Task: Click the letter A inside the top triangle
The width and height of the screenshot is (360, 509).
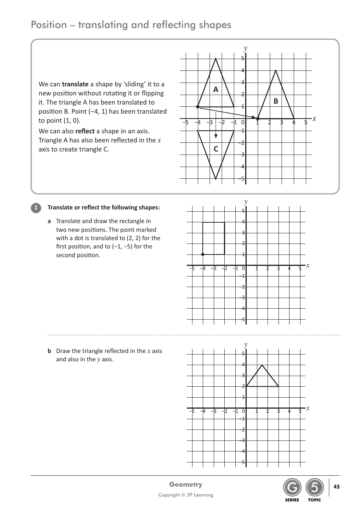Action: [216, 90]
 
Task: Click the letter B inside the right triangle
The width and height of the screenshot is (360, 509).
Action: [275, 101]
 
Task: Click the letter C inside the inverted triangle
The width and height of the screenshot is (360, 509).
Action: [216, 149]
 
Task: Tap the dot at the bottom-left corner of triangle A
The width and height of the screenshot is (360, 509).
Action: [198, 107]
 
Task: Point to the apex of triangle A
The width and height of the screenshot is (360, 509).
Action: [216, 59]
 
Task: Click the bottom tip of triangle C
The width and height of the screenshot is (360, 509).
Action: [216, 179]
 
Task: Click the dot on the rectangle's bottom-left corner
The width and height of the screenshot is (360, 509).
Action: [203, 254]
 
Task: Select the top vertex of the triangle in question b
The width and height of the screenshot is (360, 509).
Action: [262, 365]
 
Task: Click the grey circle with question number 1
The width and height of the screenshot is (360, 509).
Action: [36, 208]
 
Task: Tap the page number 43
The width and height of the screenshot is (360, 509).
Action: [337, 487]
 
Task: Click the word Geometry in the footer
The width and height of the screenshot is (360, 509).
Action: [186, 484]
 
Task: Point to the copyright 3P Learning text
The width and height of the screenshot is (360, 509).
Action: [186, 495]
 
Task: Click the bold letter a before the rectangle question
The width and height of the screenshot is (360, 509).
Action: [49, 221]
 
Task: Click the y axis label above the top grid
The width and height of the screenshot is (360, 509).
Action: [246, 48]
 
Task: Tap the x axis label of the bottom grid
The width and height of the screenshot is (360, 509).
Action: [308, 408]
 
